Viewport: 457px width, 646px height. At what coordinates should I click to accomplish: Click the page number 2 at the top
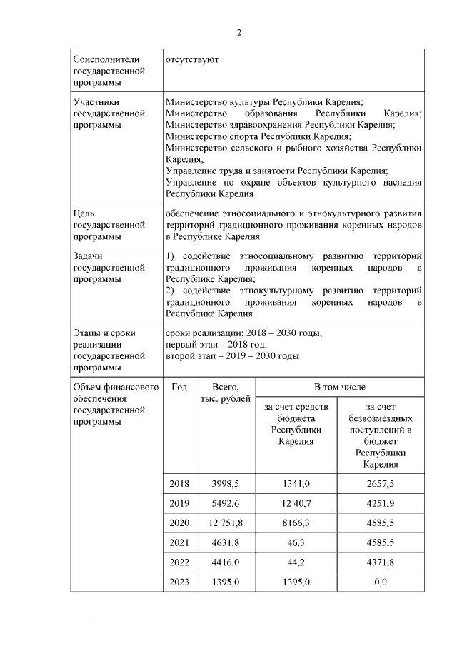pyautogui.click(x=239, y=33)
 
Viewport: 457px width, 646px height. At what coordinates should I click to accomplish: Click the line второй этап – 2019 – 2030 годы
pyautogui.click(x=232, y=356)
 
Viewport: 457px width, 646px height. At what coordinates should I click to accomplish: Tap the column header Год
pyautogui.click(x=180, y=387)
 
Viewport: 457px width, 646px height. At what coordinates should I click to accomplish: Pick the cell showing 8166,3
pyautogui.click(x=297, y=523)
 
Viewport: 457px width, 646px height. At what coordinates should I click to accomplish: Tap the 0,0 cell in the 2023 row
pyautogui.click(x=380, y=582)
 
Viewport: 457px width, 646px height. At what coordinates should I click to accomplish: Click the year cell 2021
pyautogui.click(x=180, y=542)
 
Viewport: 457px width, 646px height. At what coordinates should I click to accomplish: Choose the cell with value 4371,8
pyautogui.click(x=380, y=562)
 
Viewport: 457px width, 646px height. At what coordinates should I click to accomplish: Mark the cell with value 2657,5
pyautogui.click(x=380, y=484)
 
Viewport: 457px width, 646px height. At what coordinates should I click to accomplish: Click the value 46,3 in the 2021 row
pyautogui.click(x=297, y=542)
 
